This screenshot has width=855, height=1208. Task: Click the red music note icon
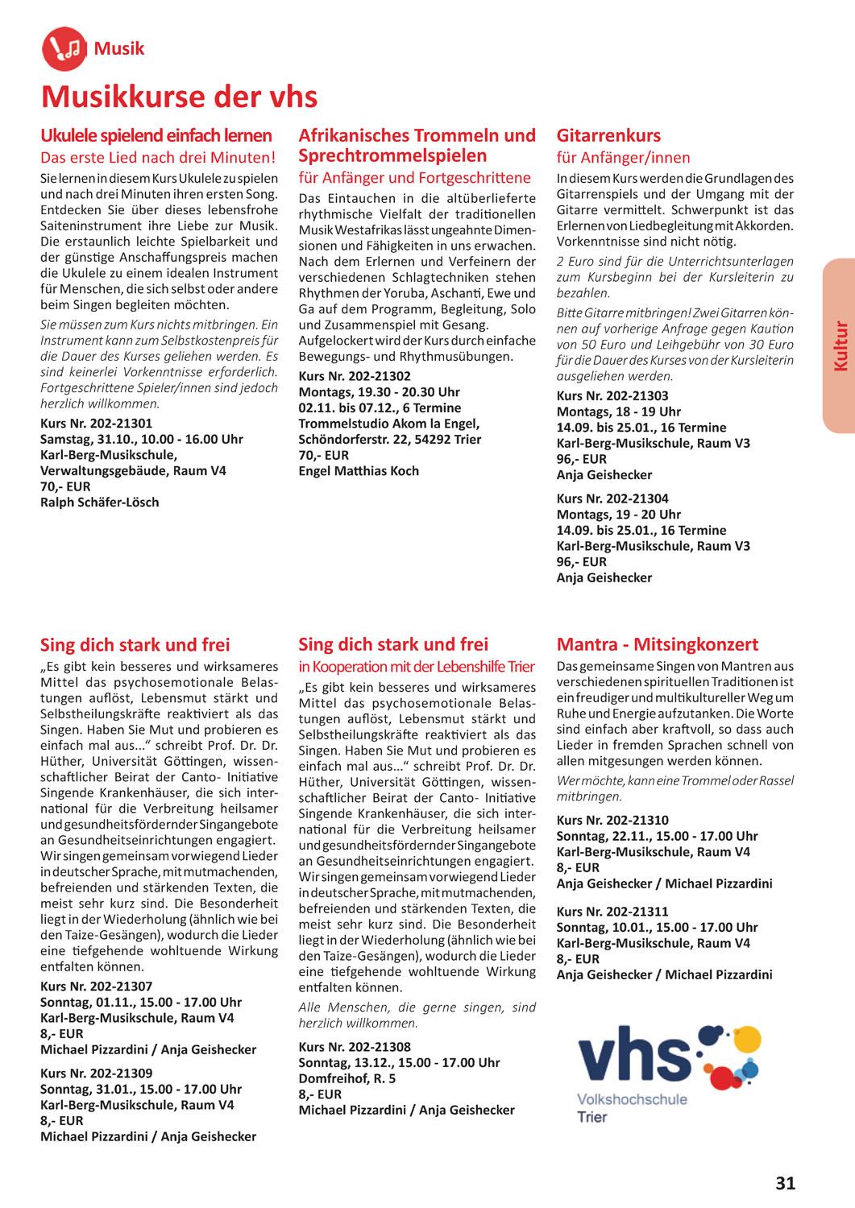(63, 48)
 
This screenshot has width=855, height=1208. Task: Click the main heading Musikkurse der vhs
(179, 97)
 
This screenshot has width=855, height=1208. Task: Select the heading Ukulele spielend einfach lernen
(156, 135)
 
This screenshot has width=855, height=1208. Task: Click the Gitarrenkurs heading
(608, 135)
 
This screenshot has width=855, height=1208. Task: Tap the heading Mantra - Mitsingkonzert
(658, 644)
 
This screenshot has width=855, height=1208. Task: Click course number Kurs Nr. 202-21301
(96, 424)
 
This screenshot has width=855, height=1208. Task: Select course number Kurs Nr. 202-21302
(355, 376)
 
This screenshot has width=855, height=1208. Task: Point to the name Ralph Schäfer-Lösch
(100, 503)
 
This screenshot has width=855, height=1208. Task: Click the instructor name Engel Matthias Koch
(359, 470)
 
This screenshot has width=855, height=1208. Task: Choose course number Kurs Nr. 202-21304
(612, 499)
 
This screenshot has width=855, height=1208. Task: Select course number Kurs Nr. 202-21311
(612, 912)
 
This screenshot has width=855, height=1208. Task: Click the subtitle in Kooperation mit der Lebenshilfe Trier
(417, 667)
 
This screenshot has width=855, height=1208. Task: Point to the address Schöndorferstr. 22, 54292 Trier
(390, 439)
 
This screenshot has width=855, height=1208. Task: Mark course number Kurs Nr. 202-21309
(96, 1074)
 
